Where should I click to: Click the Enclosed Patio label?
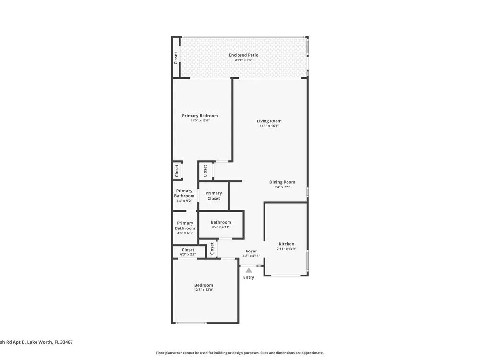click(244, 55)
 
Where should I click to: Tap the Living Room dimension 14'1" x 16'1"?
click(269, 126)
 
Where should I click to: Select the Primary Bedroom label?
click(200, 116)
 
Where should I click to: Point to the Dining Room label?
click(282, 182)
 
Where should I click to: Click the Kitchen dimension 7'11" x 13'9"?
click(287, 249)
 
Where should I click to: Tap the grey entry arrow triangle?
click(249, 270)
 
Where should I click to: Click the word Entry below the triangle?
click(249, 277)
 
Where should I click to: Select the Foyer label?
click(252, 251)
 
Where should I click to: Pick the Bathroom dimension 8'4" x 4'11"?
click(221, 227)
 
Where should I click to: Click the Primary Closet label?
click(214, 196)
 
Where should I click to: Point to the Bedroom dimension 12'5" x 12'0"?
click(204, 290)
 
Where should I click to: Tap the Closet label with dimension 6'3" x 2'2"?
click(188, 250)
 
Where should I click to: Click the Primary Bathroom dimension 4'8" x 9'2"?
click(184, 201)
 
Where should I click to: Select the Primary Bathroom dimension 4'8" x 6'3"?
click(185, 233)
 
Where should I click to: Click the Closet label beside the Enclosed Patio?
click(176, 58)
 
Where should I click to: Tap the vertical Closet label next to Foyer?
click(212, 249)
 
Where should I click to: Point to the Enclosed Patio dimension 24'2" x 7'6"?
click(244, 60)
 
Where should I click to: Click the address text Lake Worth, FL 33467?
click(50, 342)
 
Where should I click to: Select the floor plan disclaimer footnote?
click(240, 353)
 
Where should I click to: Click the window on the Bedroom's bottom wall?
click(191, 323)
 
